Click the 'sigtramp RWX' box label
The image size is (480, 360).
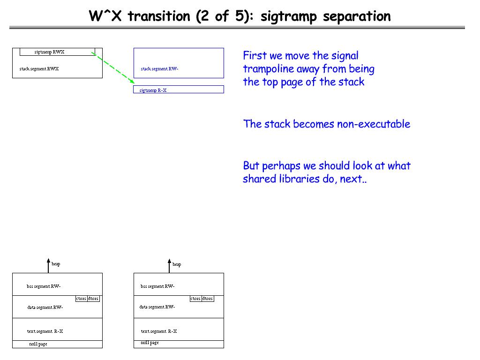[x=49, y=52]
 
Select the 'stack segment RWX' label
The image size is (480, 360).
[x=39, y=69]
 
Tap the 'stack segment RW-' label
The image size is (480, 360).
[x=159, y=69]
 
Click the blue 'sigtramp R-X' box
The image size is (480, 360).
[x=179, y=90]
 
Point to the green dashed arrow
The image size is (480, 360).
[x=113, y=68]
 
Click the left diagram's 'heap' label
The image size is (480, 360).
[x=56, y=264]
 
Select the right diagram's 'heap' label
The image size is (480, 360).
[x=177, y=264]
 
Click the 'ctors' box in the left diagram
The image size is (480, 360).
[x=81, y=299]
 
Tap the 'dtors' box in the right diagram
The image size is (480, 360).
[x=208, y=299]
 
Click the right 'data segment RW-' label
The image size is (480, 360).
[x=157, y=307]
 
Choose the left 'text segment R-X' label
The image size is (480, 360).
[x=45, y=331]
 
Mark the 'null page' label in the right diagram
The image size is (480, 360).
[x=150, y=343]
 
